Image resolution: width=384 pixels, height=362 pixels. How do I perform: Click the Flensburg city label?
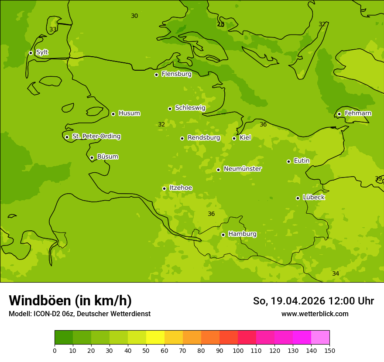click(176, 74)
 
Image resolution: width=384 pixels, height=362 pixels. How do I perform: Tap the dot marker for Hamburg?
click(223, 235)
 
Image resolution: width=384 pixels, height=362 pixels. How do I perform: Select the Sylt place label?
click(42, 52)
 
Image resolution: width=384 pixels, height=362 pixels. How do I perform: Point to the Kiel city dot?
click(234, 138)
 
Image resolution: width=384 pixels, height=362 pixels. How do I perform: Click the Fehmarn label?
click(358, 113)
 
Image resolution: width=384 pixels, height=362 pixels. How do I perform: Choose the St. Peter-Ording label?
click(96, 137)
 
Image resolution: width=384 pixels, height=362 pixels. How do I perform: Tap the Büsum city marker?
click(92, 157)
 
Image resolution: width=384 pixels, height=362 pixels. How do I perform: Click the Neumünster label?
click(242, 169)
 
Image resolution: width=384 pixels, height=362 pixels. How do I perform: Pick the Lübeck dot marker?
click(298, 198)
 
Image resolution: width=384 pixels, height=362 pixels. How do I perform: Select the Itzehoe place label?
click(180, 188)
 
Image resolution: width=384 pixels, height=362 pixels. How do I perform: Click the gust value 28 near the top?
click(221, 24)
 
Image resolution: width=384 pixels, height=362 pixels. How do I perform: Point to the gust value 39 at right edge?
click(378, 178)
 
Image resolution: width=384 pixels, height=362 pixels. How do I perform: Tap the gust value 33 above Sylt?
click(53, 30)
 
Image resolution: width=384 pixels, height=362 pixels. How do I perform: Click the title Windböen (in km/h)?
click(70, 301)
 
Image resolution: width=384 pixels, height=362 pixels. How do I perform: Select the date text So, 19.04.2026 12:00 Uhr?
click(313, 301)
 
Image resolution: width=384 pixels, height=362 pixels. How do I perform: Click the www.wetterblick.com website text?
click(315, 314)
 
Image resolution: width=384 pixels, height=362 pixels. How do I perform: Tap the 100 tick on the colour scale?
click(238, 350)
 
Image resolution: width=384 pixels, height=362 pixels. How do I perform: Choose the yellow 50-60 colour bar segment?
click(155, 338)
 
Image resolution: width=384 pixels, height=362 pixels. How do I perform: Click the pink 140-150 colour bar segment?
click(320, 338)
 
